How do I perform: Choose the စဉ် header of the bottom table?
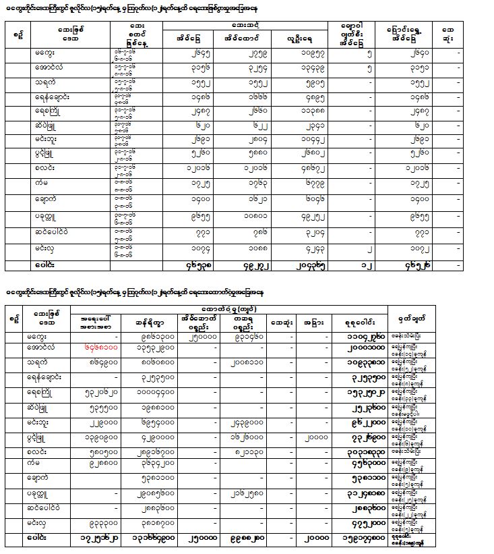coord(13,315)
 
